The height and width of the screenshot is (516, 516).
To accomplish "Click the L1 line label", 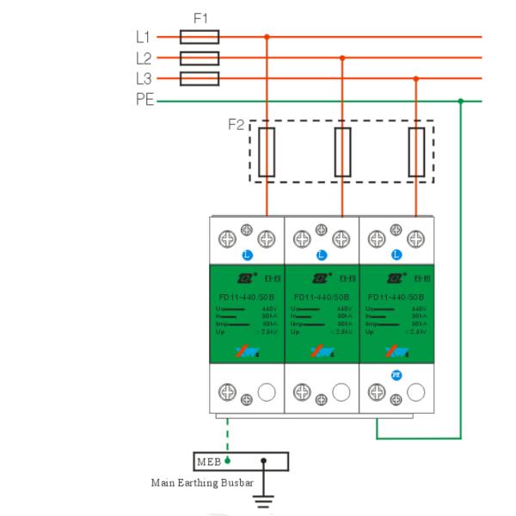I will (143, 37).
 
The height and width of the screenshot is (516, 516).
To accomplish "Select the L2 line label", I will (143, 58).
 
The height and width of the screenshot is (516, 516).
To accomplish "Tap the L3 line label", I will (143, 79).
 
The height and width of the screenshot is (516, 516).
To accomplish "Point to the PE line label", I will (144, 101).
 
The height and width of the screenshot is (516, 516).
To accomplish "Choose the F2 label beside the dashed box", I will (236, 124).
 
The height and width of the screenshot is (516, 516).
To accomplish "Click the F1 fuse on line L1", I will (199, 37).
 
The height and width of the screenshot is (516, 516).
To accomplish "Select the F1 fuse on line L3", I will (199, 78).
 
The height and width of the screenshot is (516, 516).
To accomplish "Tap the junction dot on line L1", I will (267, 37).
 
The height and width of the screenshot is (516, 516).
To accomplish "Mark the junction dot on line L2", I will (342, 58).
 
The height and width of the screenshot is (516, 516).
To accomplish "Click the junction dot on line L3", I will (416, 79).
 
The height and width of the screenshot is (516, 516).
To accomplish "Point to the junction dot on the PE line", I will (461, 101).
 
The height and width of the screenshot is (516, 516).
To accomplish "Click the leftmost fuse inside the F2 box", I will (267, 152).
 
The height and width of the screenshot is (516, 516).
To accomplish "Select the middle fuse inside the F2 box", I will (342, 152).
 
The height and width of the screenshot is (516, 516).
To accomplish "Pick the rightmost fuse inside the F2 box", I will (416, 152).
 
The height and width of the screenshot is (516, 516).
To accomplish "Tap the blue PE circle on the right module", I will (397, 375).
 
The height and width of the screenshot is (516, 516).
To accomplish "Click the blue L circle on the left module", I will (248, 255).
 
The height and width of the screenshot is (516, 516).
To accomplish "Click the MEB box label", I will (210, 461).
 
